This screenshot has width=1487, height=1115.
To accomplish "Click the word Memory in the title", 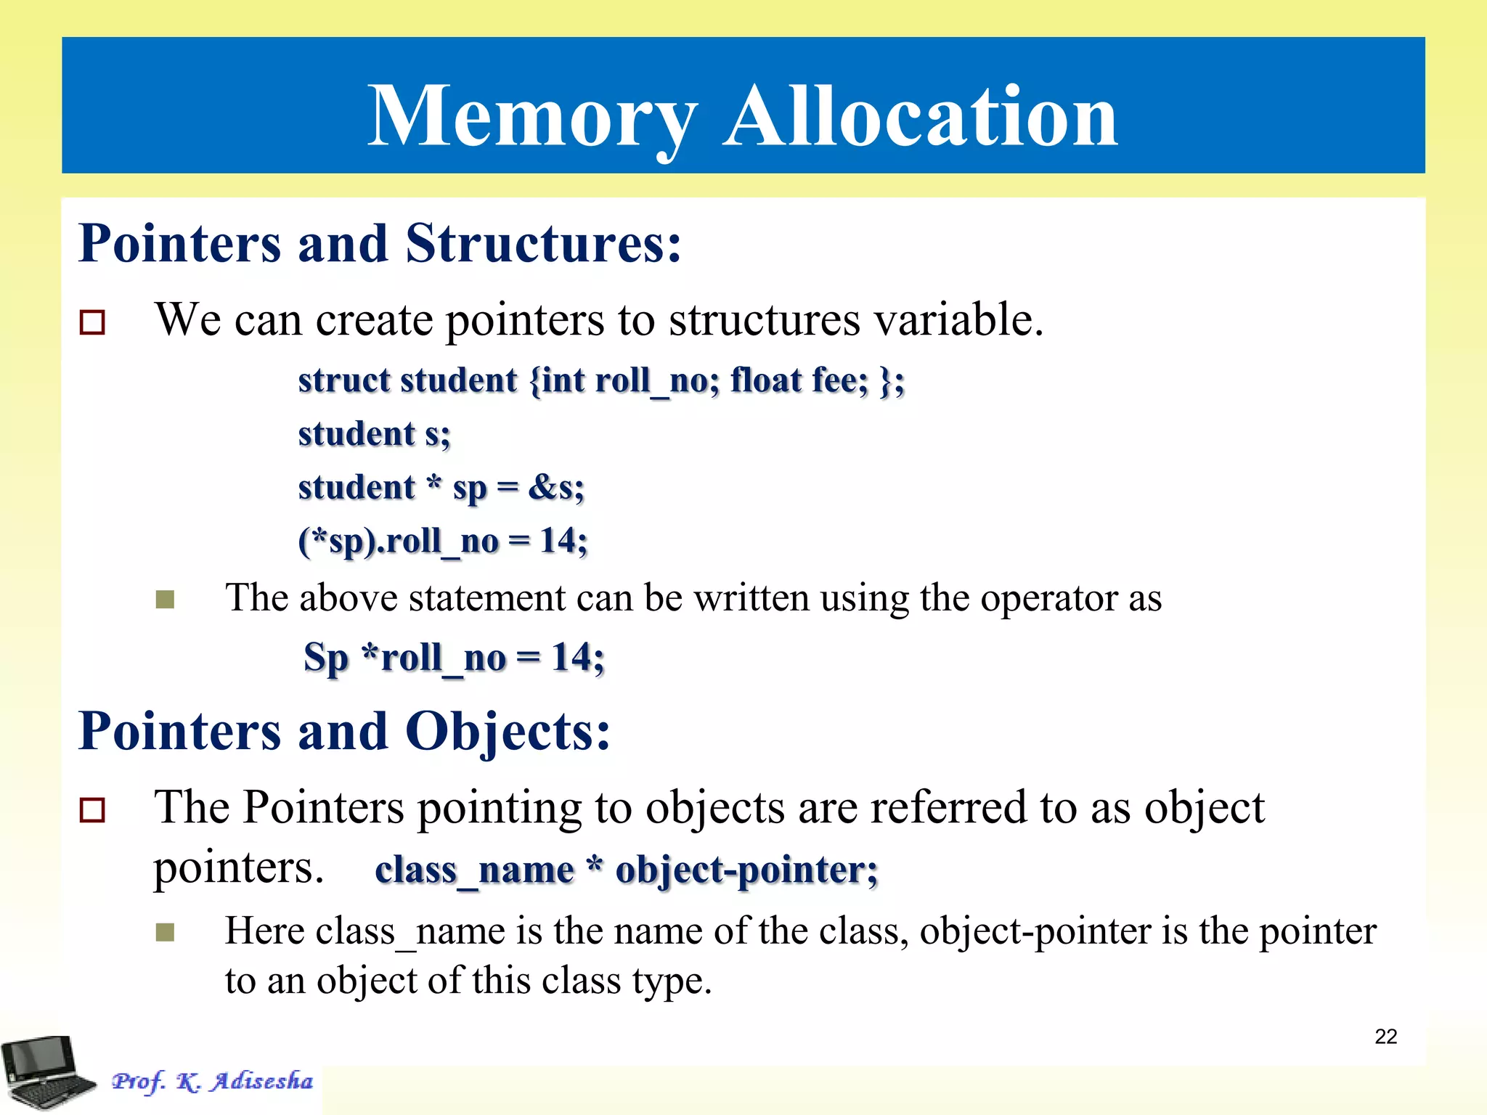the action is (x=532, y=116).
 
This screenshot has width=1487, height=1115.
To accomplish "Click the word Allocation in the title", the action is (x=921, y=116).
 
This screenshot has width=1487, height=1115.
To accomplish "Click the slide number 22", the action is (x=1385, y=1037).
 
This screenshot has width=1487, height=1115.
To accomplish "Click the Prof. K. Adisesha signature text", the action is (x=212, y=1081).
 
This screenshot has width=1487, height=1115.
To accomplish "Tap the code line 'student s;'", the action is (x=374, y=434).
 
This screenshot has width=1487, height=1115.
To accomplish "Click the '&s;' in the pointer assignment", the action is (x=556, y=487).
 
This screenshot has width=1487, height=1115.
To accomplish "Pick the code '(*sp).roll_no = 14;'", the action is (x=442, y=542).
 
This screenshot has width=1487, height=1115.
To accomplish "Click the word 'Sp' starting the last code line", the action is (x=326, y=658).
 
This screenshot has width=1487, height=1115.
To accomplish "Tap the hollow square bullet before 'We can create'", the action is (x=92, y=322).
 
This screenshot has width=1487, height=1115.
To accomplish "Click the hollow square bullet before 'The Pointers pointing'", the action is (x=92, y=809).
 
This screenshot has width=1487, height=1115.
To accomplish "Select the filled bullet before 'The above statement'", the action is (x=165, y=600).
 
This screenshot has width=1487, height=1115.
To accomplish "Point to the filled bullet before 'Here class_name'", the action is (x=165, y=932).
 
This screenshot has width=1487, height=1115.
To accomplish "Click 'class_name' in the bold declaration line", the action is (x=474, y=870).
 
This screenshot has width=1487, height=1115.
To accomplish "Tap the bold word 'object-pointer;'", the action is (x=746, y=870).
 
